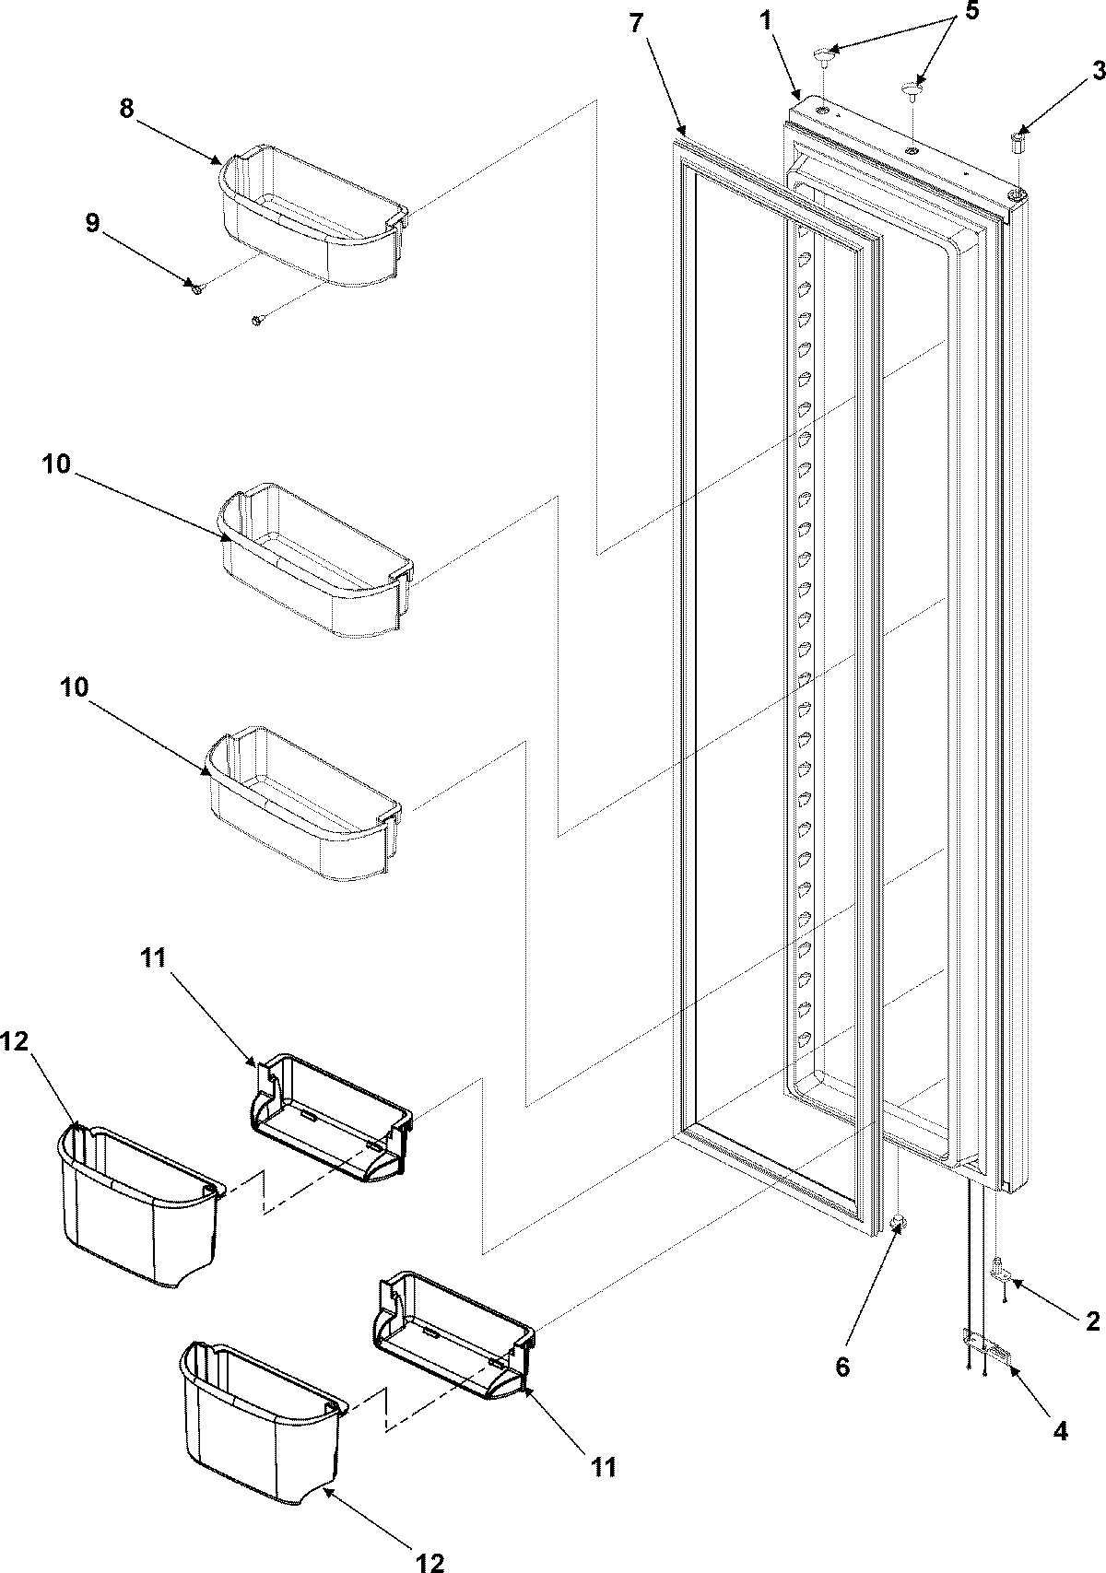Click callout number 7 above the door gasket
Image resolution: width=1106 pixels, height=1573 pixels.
(x=637, y=25)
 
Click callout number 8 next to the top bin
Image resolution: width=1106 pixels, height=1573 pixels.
(x=126, y=108)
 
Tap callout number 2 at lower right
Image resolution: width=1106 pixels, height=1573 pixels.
(x=1092, y=1321)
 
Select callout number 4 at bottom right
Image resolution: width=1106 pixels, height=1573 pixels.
(x=1061, y=1430)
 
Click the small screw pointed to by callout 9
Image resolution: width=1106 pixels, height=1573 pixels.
(x=197, y=289)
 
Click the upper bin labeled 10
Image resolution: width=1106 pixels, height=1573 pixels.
(x=313, y=562)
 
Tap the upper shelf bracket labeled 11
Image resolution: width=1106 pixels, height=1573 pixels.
(x=332, y=1120)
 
